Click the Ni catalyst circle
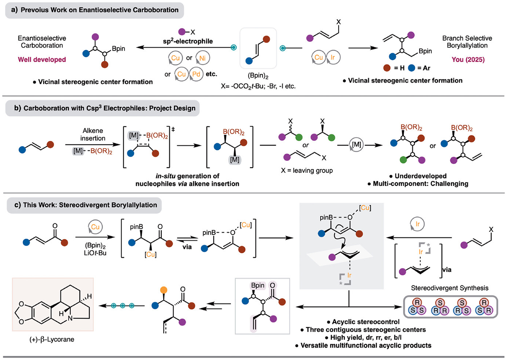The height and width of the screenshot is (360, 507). click(202, 58)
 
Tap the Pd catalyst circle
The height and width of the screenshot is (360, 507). click(196, 74)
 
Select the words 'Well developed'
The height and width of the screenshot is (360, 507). click(42, 59)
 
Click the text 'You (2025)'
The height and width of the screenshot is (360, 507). click(468, 59)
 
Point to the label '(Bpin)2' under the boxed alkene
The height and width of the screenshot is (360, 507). click(258, 76)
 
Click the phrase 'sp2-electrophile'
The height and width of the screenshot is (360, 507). click(188, 41)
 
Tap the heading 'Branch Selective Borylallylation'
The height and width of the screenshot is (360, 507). click(467, 42)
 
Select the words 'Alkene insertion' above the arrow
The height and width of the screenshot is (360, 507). click(93, 134)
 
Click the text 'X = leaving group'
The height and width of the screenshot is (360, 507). click(307, 170)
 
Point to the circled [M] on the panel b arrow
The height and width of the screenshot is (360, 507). click(356, 144)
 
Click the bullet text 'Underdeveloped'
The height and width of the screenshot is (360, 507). click(420, 176)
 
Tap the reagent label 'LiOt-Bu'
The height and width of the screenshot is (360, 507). click(95, 253)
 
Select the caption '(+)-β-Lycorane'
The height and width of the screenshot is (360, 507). click(52, 339)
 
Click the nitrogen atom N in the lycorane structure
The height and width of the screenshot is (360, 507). click(70, 318)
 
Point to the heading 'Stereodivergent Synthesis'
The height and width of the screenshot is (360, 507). click(450, 288)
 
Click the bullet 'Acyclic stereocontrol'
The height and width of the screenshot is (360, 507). click(366, 322)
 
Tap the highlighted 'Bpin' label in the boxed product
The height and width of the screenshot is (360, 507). click(257, 285)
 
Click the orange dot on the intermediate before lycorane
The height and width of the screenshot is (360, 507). click(164, 290)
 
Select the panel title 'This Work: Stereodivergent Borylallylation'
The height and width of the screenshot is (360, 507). click(90, 205)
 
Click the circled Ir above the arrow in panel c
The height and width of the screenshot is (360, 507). click(417, 224)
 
